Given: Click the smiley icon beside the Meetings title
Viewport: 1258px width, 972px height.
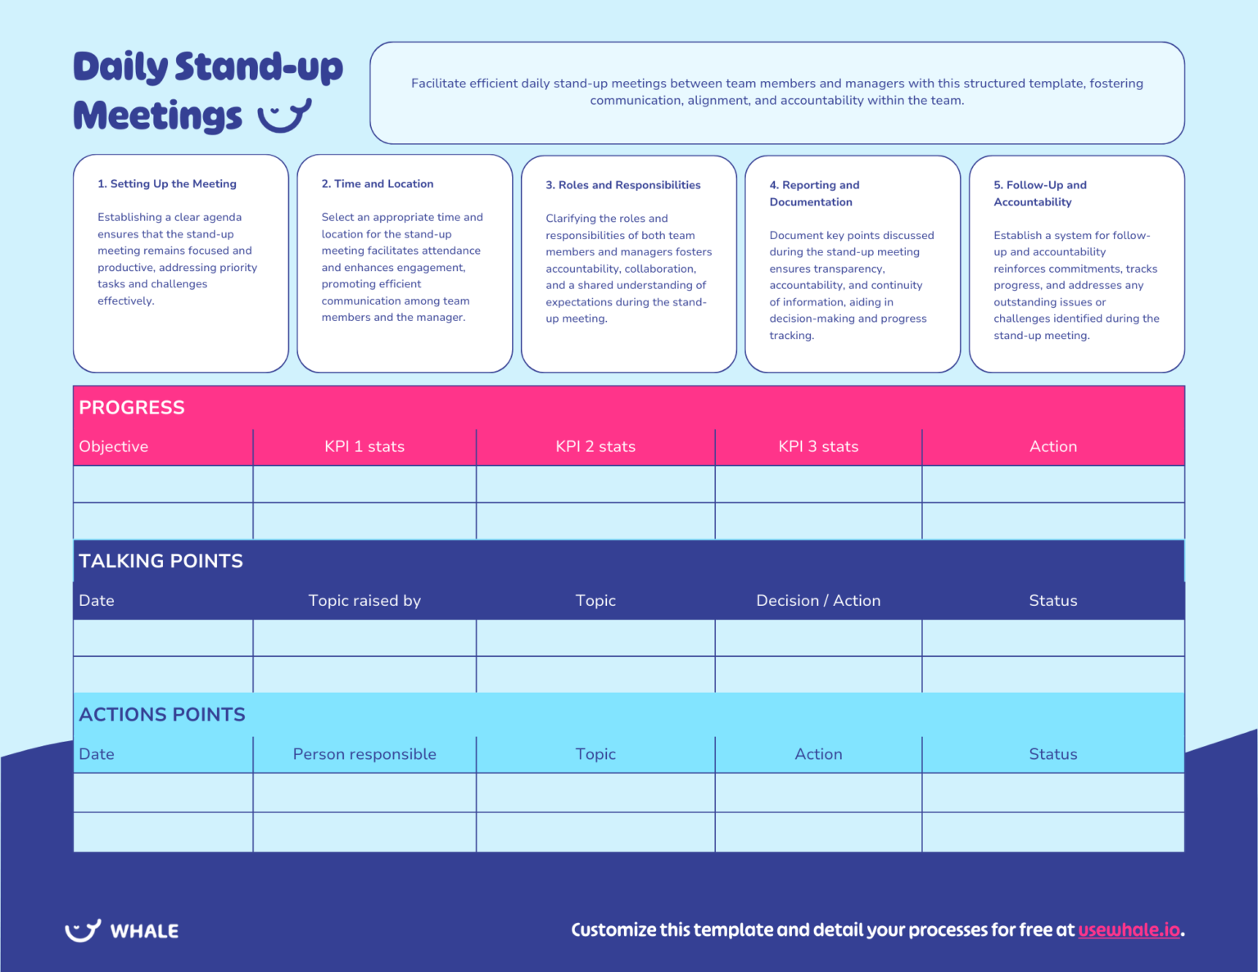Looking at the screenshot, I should pos(284,116).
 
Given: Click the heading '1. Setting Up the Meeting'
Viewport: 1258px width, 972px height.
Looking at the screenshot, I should pos(167,183).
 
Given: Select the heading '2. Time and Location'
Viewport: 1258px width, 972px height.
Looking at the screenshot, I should pos(378,183).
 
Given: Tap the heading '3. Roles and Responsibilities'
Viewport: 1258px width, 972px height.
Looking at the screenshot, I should pos(623,185).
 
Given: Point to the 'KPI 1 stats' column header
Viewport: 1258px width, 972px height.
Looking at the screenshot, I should pos(364,446).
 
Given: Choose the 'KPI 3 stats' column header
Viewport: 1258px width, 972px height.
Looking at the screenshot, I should pos(818,446).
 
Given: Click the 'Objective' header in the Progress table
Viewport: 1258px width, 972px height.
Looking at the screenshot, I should pos(114,446).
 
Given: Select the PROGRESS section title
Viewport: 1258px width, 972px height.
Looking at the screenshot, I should pos(132,407).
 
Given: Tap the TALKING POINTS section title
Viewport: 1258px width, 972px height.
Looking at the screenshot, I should pos(161,561).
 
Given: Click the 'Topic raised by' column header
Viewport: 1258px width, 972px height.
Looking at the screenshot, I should pos(364,600).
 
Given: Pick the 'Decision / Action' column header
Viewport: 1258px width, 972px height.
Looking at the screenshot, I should pos(818,600).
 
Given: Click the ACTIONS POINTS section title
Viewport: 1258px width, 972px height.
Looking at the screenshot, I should pos(162,714).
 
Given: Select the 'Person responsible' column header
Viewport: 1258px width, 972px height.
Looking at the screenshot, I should pos(364,754).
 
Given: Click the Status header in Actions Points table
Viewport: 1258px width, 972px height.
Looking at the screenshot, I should pos(1052,754).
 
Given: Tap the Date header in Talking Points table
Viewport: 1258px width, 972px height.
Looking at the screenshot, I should pos(97,600).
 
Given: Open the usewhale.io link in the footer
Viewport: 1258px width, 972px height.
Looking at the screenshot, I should pos(1129,929).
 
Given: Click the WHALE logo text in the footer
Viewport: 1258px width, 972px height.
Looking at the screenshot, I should pos(144,931).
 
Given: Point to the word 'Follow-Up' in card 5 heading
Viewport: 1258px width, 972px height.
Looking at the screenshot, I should pos(1034,185).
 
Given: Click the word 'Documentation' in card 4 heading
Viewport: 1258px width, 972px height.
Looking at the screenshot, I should pos(811,202).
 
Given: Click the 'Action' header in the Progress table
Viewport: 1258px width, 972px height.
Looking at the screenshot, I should pos(1052,446).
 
